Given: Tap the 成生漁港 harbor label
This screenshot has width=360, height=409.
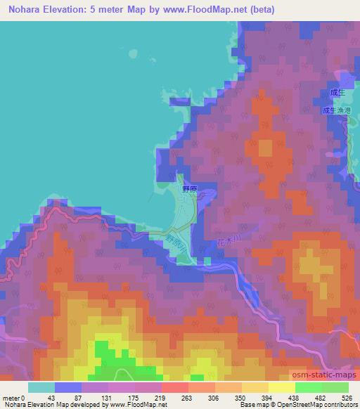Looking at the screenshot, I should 335,110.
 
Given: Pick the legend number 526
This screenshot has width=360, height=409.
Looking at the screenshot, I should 345,397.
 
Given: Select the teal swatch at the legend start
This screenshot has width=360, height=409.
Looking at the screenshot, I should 41,387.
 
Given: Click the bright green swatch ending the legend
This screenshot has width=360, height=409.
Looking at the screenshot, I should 335,387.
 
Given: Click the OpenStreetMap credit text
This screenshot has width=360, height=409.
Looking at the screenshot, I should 304,405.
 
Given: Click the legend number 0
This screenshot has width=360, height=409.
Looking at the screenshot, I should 23,397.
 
